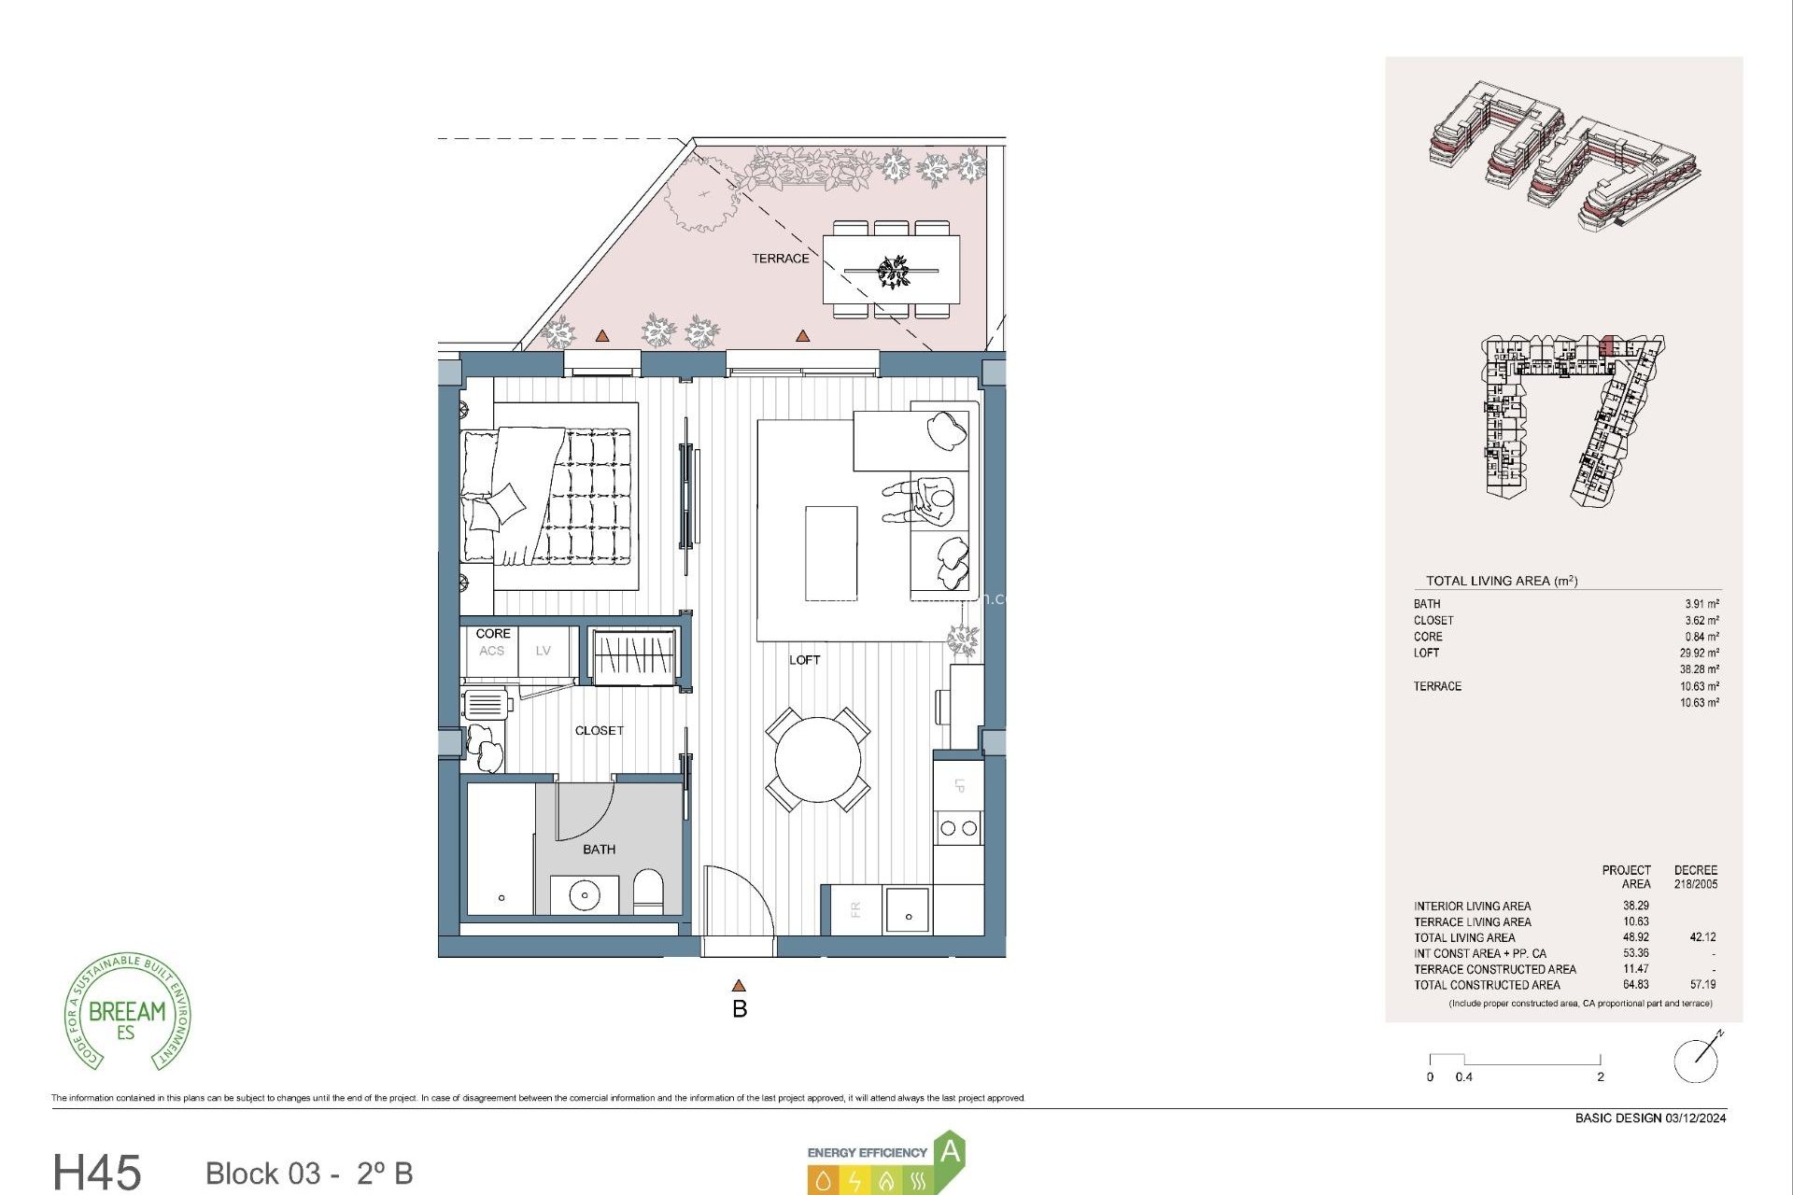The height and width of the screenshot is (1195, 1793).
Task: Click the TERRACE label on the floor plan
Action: [x=781, y=259]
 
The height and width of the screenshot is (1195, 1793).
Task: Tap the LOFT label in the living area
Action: [x=804, y=660]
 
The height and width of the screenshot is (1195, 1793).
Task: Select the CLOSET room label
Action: [x=599, y=731]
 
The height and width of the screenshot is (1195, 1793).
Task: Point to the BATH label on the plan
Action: [x=599, y=850]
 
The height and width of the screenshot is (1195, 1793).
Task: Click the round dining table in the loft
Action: [x=818, y=759]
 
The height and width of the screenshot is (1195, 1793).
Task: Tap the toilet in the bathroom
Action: [x=647, y=891]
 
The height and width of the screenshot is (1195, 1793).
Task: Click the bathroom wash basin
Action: [x=585, y=894]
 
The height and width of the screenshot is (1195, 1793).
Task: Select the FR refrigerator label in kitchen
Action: [x=855, y=909]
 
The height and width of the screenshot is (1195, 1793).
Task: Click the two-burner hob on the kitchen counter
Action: [x=958, y=828]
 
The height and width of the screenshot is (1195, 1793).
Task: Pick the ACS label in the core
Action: [x=491, y=651]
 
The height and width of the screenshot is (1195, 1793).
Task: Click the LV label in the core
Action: [x=543, y=651]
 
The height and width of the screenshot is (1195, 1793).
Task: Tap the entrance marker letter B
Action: [x=740, y=1009]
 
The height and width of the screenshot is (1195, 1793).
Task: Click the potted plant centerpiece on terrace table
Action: [x=893, y=271]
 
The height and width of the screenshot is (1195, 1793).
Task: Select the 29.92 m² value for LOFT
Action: [x=1699, y=654]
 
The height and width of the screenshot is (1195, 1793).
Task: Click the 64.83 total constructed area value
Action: [x=1635, y=985]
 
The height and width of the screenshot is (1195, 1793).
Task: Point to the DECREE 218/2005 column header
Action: [x=1695, y=877]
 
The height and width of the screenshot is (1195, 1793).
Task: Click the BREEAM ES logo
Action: [x=127, y=1013]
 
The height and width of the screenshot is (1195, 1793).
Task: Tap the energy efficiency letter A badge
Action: [x=950, y=1151]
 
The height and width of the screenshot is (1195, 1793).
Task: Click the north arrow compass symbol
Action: [x=1698, y=1059]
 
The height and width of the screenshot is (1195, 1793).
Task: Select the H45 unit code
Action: [x=97, y=1172]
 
